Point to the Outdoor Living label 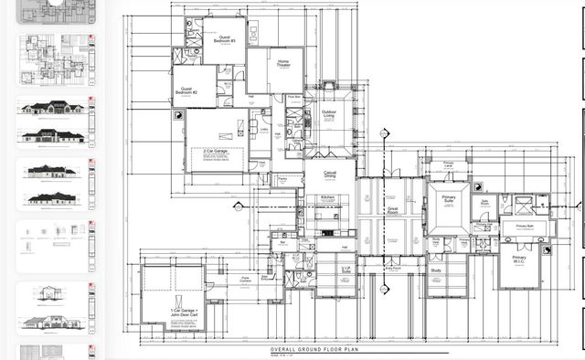click(327, 114)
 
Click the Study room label click(437, 270)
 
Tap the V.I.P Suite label click(346, 270)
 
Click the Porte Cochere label click(246, 280)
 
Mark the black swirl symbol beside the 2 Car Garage click(180, 117)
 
